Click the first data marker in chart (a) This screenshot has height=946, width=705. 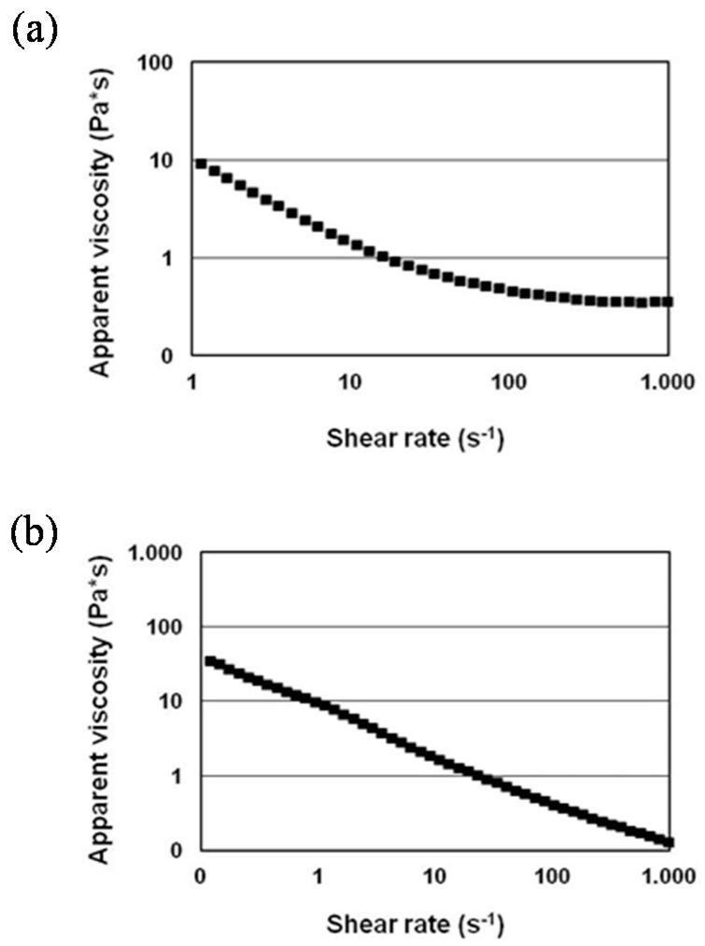(201, 163)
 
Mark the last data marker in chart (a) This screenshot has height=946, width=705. (668, 301)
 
